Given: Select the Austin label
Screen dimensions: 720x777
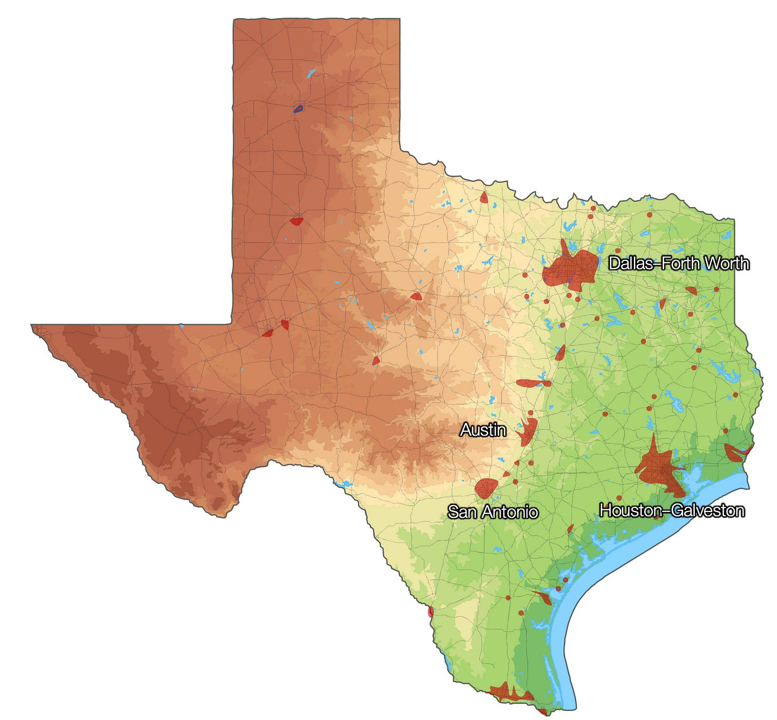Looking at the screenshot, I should coord(483,429).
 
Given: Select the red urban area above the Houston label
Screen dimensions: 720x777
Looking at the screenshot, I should coord(659,468).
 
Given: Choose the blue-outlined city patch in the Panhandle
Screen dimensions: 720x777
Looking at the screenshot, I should coord(298,109).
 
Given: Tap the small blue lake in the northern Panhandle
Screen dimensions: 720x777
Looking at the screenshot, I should coord(311,73).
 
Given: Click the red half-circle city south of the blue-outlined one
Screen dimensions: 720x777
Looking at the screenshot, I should coord(297,221).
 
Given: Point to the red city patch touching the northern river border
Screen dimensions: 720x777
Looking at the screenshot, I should coord(484,198).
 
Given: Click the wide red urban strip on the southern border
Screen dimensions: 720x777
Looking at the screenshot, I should coord(510,693).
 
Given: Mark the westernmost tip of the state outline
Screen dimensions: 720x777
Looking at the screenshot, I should coord(32,325).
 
